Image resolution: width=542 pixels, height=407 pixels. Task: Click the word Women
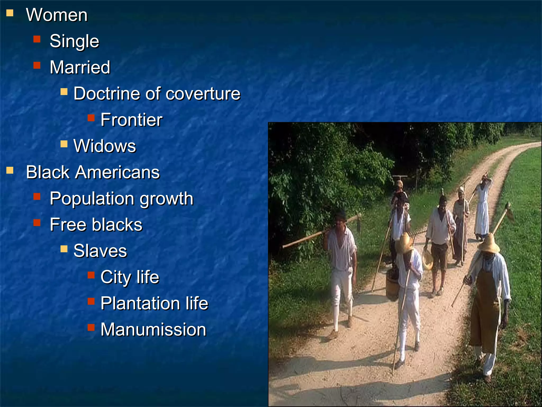[57, 15]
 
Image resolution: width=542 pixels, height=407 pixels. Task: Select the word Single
[74, 41]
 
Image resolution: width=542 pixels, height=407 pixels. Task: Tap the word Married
[80, 67]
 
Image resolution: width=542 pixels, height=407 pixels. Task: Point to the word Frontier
[131, 120]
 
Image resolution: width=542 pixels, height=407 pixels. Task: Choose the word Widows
[105, 146]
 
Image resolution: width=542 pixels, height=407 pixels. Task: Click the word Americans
[118, 172]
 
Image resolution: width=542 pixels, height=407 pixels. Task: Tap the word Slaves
[100, 251]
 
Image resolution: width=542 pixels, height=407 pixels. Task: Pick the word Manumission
[153, 329]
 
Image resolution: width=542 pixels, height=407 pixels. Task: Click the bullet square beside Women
[10, 13]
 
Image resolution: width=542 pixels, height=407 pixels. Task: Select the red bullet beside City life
[91, 275]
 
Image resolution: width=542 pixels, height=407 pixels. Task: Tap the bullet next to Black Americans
[10, 170]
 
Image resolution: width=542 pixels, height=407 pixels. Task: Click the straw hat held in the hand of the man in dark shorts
[427, 258]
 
